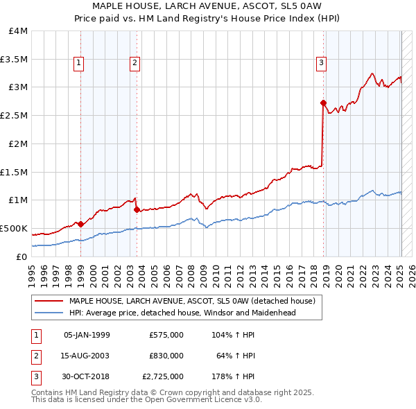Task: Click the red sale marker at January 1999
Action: coord(80,224)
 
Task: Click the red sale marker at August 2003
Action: coord(137,209)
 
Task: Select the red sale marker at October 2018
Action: coord(323,103)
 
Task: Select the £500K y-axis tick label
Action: coord(14,228)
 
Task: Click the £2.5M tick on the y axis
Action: coord(14,116)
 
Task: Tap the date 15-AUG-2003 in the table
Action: coord(87,356)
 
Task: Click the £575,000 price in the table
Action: coord(166,335)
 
